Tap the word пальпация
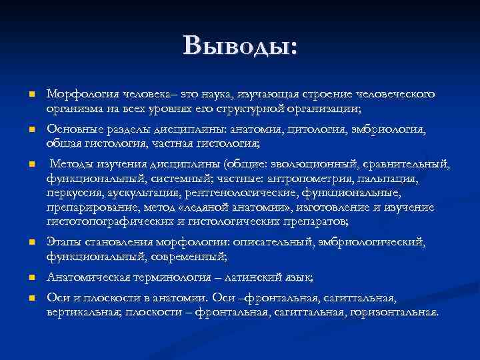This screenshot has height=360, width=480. (x=386, y=179)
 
